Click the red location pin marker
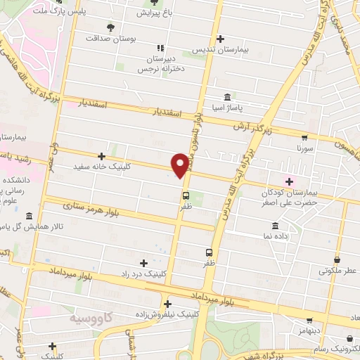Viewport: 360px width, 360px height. (181, 164)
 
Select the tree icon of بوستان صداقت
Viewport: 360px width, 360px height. (110, 27)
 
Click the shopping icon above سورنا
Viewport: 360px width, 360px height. (304, 138)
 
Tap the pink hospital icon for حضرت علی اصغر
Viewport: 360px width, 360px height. (288, 181)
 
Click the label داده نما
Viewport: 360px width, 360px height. (275, 239)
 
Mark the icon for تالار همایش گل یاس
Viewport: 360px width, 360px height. (29, 217)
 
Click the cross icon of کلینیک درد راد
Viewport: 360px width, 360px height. (144, 262)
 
